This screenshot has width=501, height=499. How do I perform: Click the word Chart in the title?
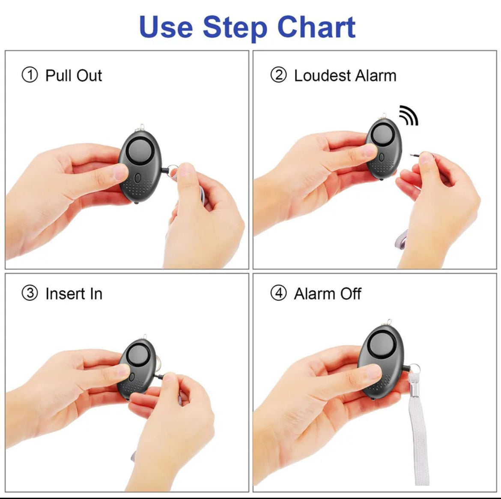(316, 27)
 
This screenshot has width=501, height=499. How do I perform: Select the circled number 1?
(30, 75)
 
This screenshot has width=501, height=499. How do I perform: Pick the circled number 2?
(278, 75)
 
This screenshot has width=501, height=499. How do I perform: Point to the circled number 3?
(30, 294)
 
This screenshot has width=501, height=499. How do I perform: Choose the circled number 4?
(278, 294)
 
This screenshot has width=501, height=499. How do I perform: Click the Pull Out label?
(74, 76)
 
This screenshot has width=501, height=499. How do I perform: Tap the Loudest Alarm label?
(345, 76)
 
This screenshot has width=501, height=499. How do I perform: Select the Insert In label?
(74, 294)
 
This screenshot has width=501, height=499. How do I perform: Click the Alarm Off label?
(328, 294)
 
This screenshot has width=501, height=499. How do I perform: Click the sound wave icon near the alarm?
(408, 115)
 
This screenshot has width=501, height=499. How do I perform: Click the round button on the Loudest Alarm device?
(382, 135)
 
